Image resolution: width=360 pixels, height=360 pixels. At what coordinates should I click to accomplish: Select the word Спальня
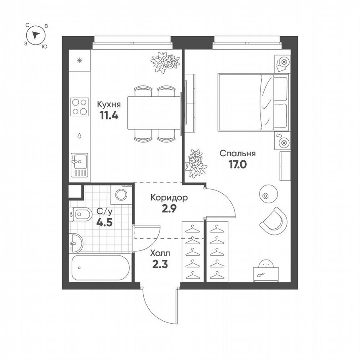tap(237, 153)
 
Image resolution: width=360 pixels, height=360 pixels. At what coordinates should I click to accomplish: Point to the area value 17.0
tap(237, 164)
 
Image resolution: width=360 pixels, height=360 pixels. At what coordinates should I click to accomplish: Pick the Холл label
tap(160, 253)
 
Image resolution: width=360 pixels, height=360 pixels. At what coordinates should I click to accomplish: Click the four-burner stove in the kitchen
tap(79, 107)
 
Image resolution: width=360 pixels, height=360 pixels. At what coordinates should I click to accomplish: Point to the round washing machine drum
tap(121, 195)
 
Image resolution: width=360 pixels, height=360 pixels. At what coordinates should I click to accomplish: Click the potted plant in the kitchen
tap(165, 62)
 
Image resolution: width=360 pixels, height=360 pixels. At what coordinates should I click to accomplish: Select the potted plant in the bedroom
tap(195, 163)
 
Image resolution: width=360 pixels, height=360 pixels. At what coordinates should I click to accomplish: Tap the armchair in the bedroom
tap(274, 220)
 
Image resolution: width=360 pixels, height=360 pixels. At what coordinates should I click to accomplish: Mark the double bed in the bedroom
tap(252, 102)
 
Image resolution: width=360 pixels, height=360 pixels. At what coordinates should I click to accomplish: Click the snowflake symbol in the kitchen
tap(80, 60)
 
